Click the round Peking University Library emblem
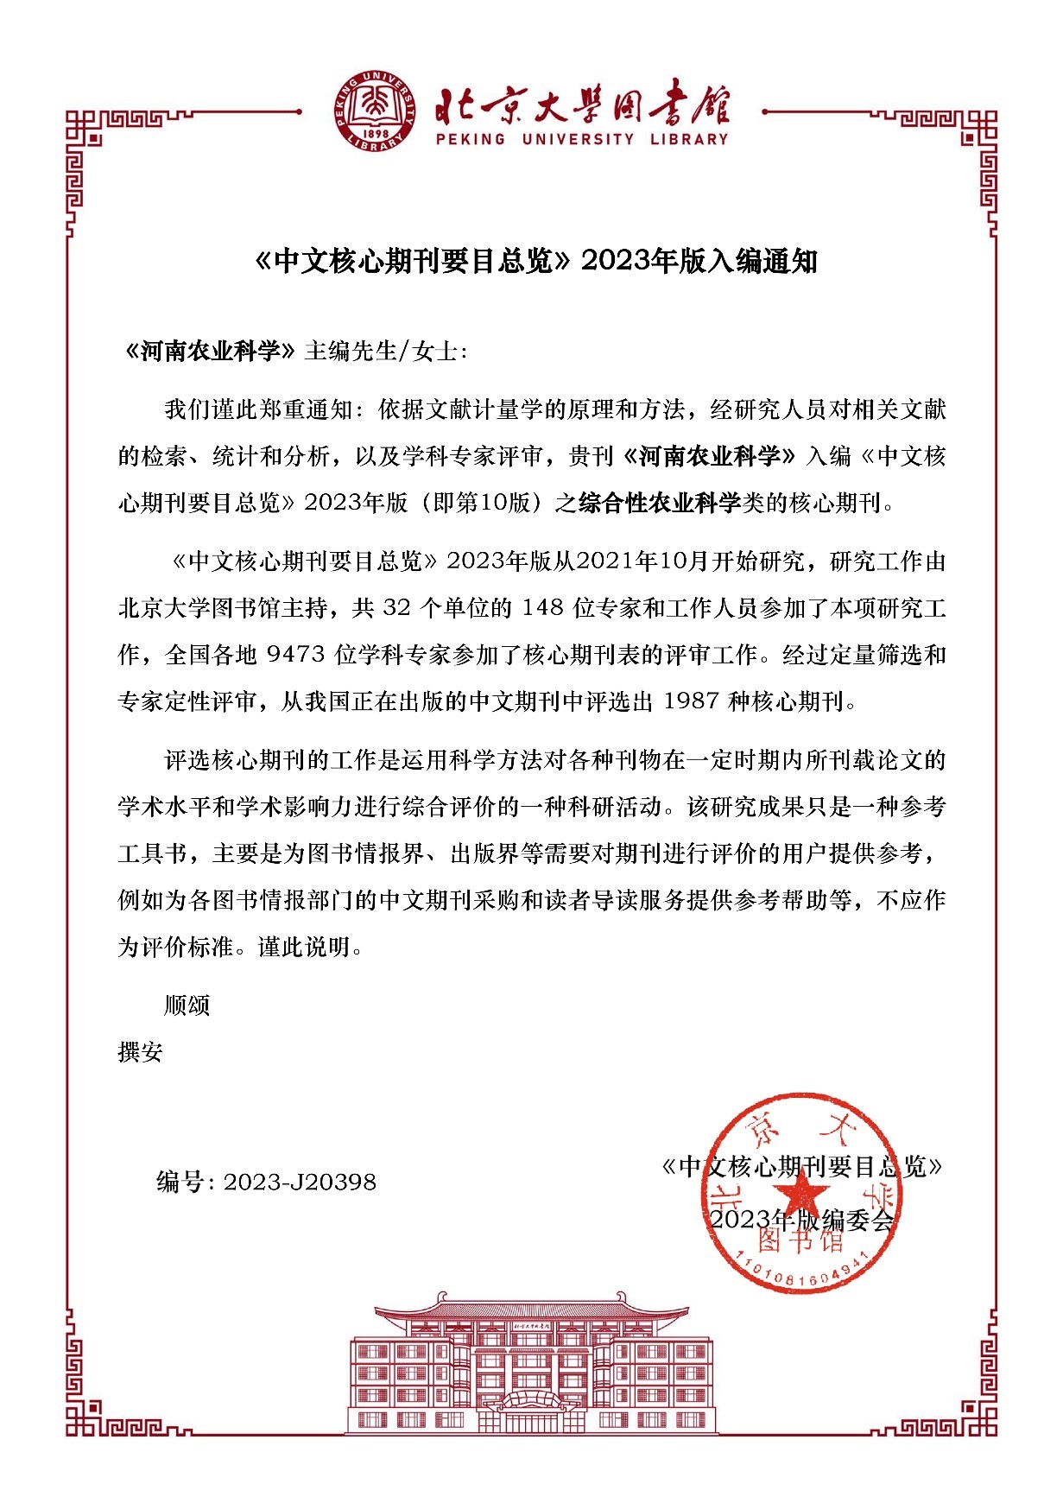click(373, 113)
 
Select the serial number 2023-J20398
click(300, 1183)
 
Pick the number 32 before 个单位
click(396, 608)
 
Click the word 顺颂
click(187, 1005)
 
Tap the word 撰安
click(140, 1052)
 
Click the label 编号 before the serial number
click(180, 1183)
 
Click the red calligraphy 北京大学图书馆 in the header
click(582, 106)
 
